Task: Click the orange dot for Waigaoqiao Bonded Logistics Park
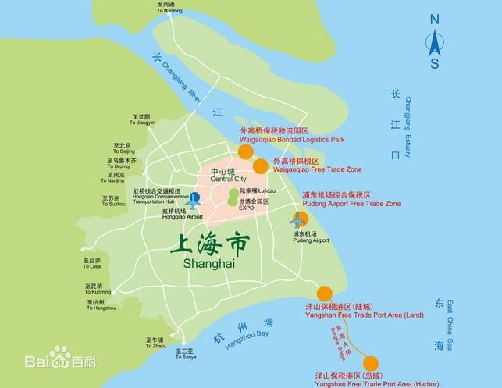pyautogui.click(x=245, y=151)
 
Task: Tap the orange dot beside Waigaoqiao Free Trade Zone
pyautogui.click(x=261, y=165)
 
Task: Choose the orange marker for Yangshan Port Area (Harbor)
pyautogui.click(x=371, y=363)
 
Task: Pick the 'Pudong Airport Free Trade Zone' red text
pyautogui.click(x=351, y=203)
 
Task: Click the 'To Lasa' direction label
pyautogui.click(x=91, y=266)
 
